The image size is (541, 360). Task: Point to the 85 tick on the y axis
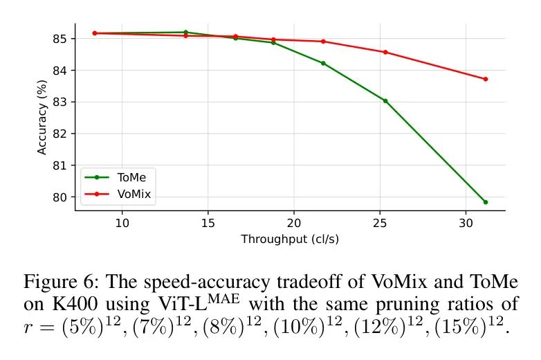coord(59,39)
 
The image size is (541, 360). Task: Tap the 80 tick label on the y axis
coord(59,197)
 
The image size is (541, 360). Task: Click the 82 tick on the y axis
coord(59,134)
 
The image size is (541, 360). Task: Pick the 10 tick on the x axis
coord(122,223)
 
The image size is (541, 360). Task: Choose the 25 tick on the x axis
coord(379,223)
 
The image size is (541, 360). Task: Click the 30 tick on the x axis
coord(466,223)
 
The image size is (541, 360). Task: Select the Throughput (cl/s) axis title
coord(290,239)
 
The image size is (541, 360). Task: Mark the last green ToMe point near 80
coord(485,202)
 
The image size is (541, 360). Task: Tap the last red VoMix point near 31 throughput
coord(485,79)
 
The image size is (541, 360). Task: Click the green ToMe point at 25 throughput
coord(385,100)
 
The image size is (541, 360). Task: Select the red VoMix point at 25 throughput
coord(385,52)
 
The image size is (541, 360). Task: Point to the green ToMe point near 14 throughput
coord(185,32)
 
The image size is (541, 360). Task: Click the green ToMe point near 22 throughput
coord(323,63)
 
